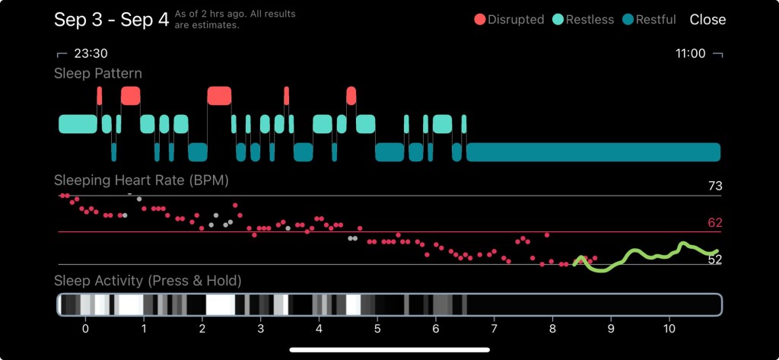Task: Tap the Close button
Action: [707, 20]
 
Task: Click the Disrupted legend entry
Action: [509, 20]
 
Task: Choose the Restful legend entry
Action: [649, 20]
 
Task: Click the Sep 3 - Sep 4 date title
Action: [111, 20]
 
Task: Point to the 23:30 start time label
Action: [90, 54]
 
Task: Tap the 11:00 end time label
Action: [691, 54]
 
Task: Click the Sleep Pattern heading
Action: [97, 74]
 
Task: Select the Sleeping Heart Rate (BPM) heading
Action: [141, 180]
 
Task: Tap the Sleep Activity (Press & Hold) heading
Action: [148, 281]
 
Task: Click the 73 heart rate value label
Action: [714, 186]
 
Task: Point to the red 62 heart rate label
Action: [714, 223]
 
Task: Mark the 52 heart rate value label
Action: [714, 260]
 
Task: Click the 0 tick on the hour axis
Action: [85, 329]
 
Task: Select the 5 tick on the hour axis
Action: [377, 329]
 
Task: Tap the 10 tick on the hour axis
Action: [669, 329]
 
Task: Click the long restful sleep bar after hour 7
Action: [593, 152]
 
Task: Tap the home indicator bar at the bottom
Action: [389, 350]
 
